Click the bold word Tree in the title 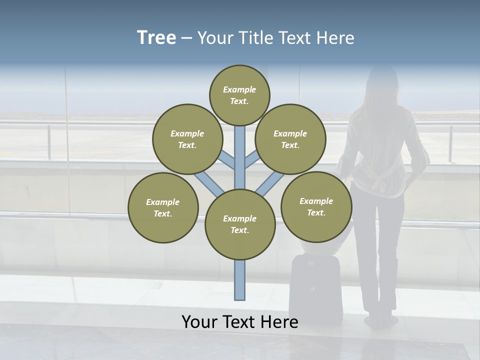pos(156,38)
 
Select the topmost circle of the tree pos(239,95)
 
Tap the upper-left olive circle pos(187,139)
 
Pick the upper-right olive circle pos(290,139)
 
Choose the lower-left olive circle pos(163,207)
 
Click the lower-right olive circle pos(316,206)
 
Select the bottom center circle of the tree pos(240,224)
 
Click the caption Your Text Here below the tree pos(240,322)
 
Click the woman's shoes pos(380,318)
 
